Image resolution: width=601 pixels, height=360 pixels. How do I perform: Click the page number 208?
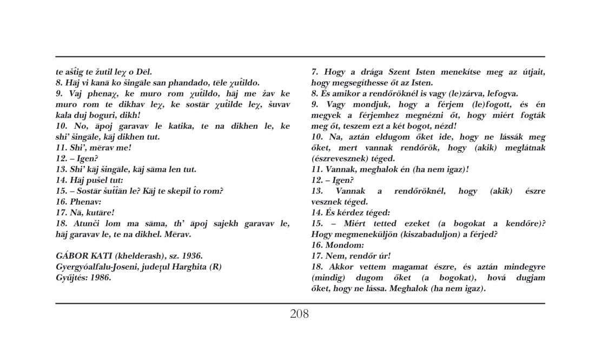point(299,313)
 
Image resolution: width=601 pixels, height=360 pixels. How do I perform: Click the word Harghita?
point(189,266)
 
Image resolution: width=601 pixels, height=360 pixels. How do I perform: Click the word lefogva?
point(500,93)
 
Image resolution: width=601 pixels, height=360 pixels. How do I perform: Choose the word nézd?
point(430,126)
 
